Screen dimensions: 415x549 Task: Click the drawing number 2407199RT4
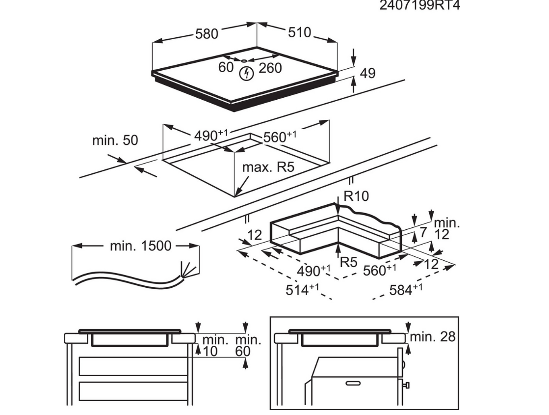tap(420, 6)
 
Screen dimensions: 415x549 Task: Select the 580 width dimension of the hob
tap(206, 34)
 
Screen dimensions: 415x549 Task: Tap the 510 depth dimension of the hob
tap(299, 32)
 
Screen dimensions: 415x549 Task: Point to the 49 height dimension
tap(367, 73)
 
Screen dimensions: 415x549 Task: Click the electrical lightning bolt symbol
tap(246, 74)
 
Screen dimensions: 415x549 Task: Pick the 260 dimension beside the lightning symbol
tap(270, 68)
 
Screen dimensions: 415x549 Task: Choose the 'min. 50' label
tap(115, 140)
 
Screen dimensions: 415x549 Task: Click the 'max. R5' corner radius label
tap(268, 167)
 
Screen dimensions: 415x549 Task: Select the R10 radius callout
tap(356, 196)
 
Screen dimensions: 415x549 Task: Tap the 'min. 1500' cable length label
tap(140, 246)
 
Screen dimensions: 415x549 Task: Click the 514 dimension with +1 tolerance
tap(302, 290)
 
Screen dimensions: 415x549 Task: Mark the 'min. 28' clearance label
tap(432, 336)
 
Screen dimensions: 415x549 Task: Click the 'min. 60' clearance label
tap(248, 345)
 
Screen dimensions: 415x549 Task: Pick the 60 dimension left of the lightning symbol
tap(226, 67)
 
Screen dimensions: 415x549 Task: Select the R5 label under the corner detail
tap(348, 262)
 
